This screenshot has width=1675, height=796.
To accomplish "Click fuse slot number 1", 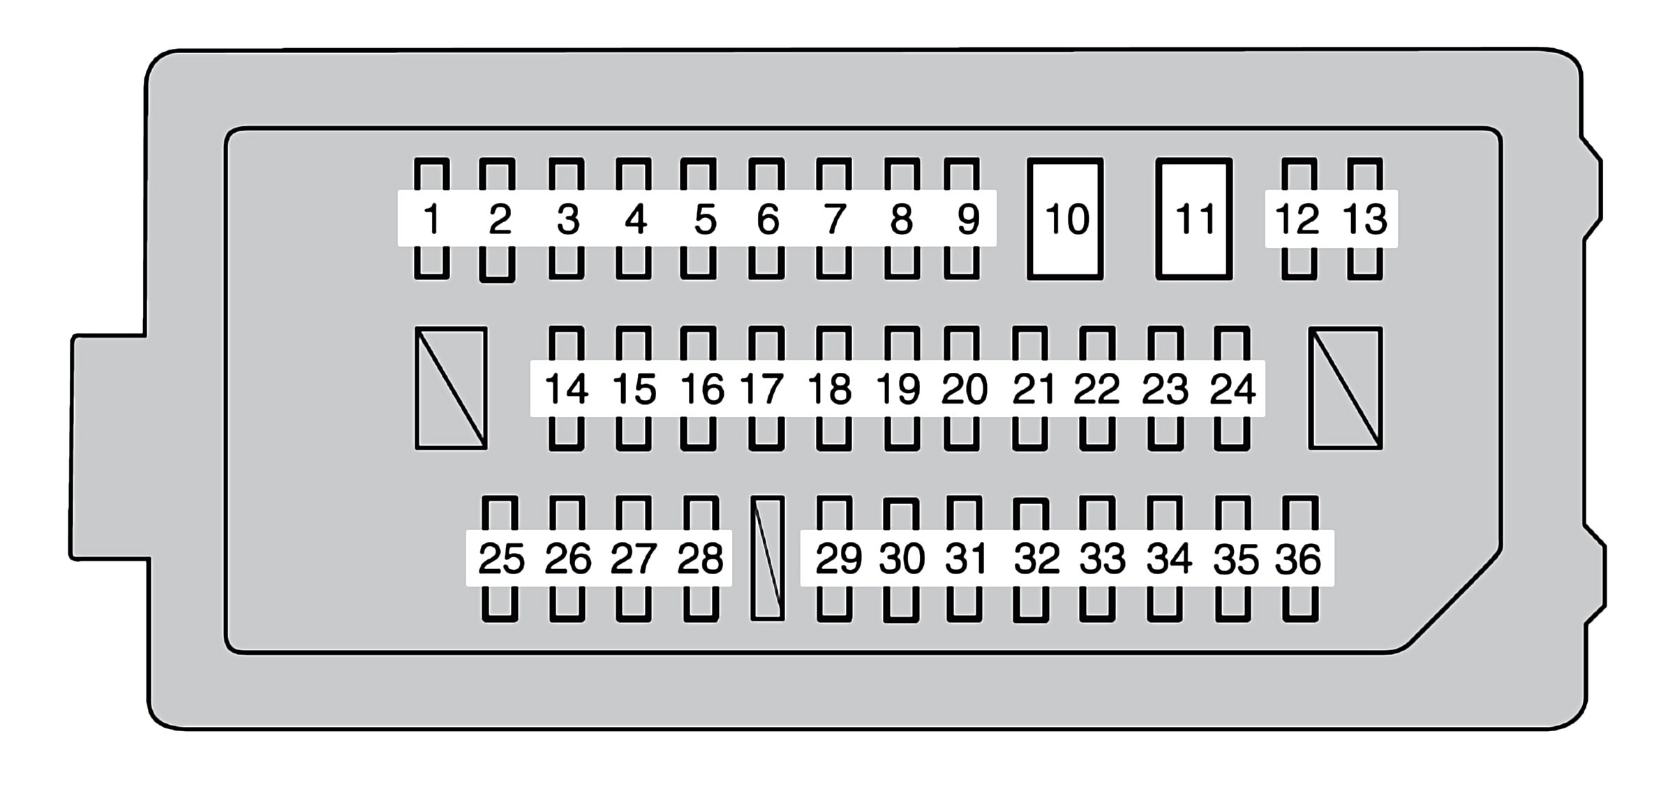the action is [432, 219].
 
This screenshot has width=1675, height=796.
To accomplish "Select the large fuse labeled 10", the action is [1065, 219].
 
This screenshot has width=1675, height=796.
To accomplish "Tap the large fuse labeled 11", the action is [1194, 219].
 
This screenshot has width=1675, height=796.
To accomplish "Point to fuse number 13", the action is [1365, 219].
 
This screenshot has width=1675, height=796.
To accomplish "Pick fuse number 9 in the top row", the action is [962, 219].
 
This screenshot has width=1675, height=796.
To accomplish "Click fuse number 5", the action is [699, 219].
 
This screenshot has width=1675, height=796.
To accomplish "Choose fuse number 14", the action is [566, 388].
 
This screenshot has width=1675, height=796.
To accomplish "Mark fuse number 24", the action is [1232, 388].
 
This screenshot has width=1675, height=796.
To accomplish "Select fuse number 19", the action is [902, 388].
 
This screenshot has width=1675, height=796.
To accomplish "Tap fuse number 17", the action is [766, 388].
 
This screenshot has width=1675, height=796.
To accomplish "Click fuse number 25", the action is [500, 559].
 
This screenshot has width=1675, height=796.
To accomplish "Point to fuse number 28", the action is [701, 559].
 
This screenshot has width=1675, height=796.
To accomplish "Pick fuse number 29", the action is [835, 559].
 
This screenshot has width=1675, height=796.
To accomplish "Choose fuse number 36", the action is [1300, 559].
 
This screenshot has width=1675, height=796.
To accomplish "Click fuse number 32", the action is [1032, 559].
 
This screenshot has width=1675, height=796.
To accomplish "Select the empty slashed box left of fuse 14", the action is [451, 388].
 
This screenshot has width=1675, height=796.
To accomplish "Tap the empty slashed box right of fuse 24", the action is [1346, 388].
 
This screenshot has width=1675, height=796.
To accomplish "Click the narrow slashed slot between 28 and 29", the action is [768, 559].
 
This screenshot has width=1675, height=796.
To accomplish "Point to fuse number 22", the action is [1097, 388].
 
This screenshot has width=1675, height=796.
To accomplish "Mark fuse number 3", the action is [567, 219].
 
